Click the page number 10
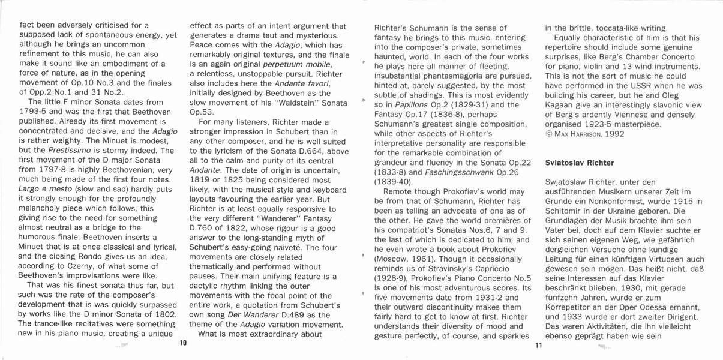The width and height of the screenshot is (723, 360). pyautogui.click(x=184, y=343)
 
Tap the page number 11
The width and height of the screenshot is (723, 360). pyautogui.click(x=538, y=346)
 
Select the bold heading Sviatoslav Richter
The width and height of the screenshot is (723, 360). pyautogui.click(x=580, y=163)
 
